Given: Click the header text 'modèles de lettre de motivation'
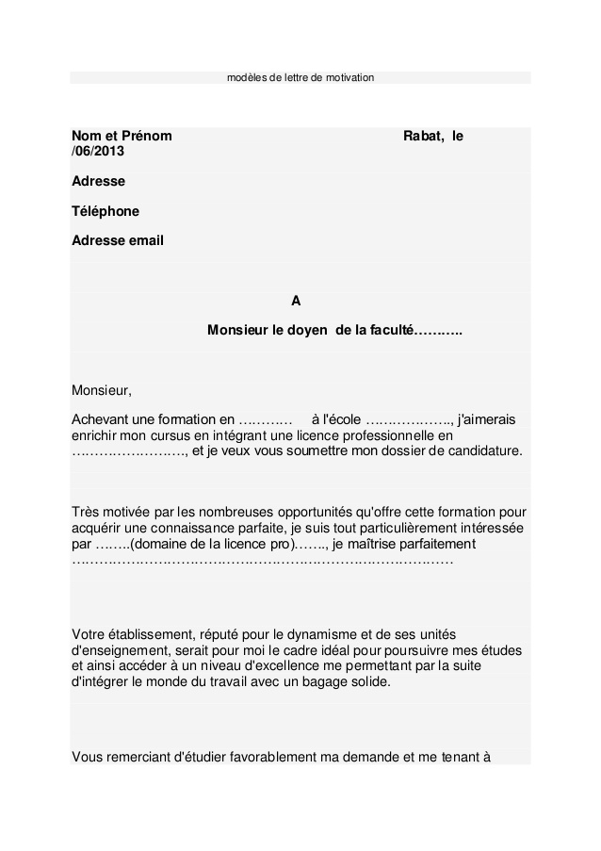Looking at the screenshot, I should point(300,76).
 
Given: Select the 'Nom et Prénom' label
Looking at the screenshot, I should point(122,137).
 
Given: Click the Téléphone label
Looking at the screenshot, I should point(106,211).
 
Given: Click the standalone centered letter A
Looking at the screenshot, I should point(296,302).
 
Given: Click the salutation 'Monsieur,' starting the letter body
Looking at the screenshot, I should point(103,390).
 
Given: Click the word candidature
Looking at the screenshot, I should point(481,451).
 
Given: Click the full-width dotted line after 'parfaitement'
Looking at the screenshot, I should point(263,561).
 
